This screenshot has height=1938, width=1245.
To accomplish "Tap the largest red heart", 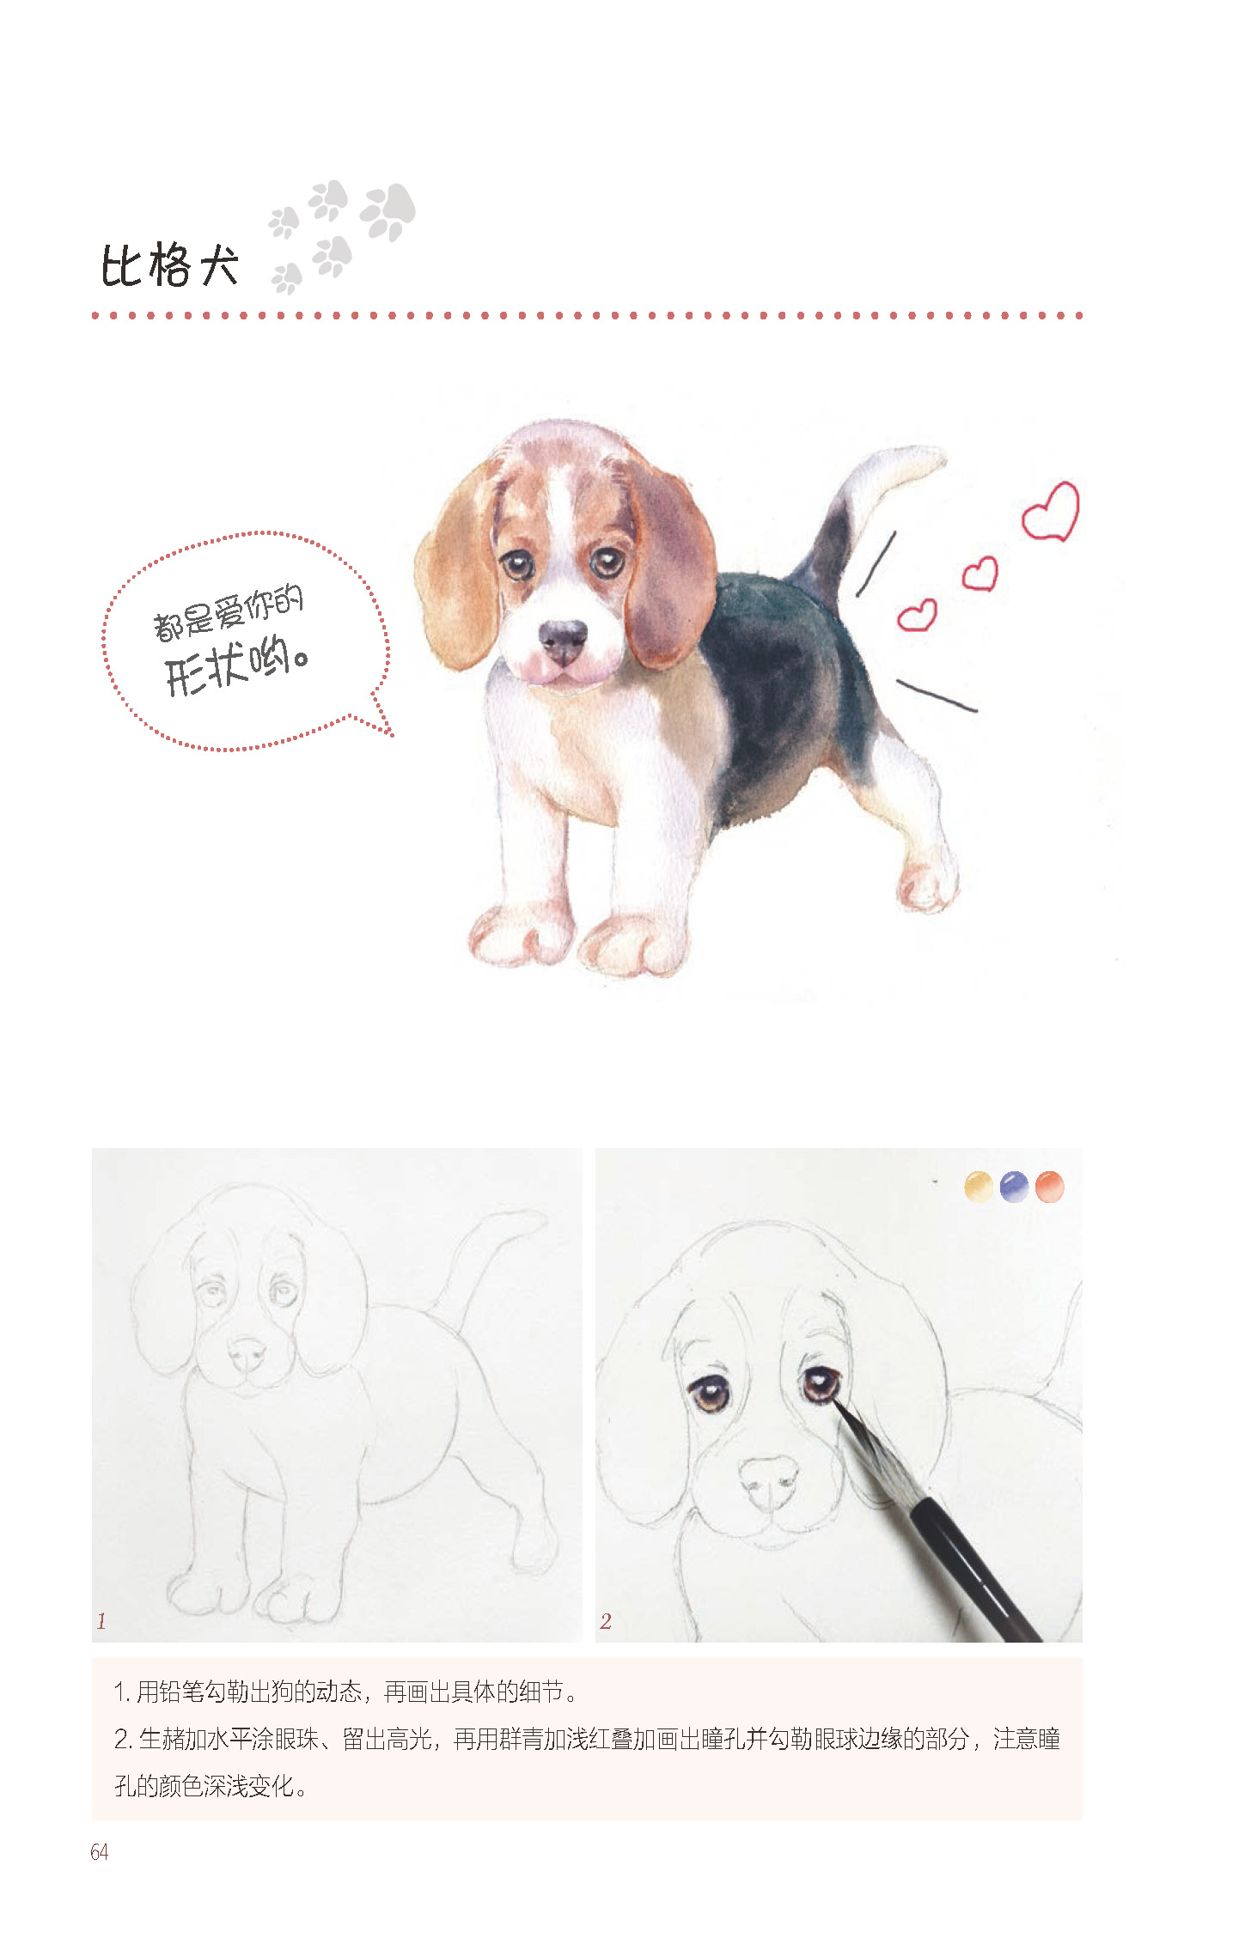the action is coord(1050,512).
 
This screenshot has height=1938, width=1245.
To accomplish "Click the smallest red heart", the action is coord(917,616).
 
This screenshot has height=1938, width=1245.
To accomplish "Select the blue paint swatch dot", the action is coord(1014,1187).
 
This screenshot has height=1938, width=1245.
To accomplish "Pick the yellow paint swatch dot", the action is coord(979,1187).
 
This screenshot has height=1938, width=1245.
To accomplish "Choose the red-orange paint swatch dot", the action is coord(1050,1187).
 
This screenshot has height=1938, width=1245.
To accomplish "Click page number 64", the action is coord(100,1852).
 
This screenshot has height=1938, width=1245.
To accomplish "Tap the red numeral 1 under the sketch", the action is coord(101,1621).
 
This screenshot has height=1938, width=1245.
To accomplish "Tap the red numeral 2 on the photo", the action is coord(606,1621).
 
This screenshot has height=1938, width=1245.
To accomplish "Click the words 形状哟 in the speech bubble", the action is coord(236,665).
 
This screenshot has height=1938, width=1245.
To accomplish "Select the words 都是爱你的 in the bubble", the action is coord(229,612).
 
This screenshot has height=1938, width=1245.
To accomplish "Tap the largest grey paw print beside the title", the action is coord(388,211).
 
